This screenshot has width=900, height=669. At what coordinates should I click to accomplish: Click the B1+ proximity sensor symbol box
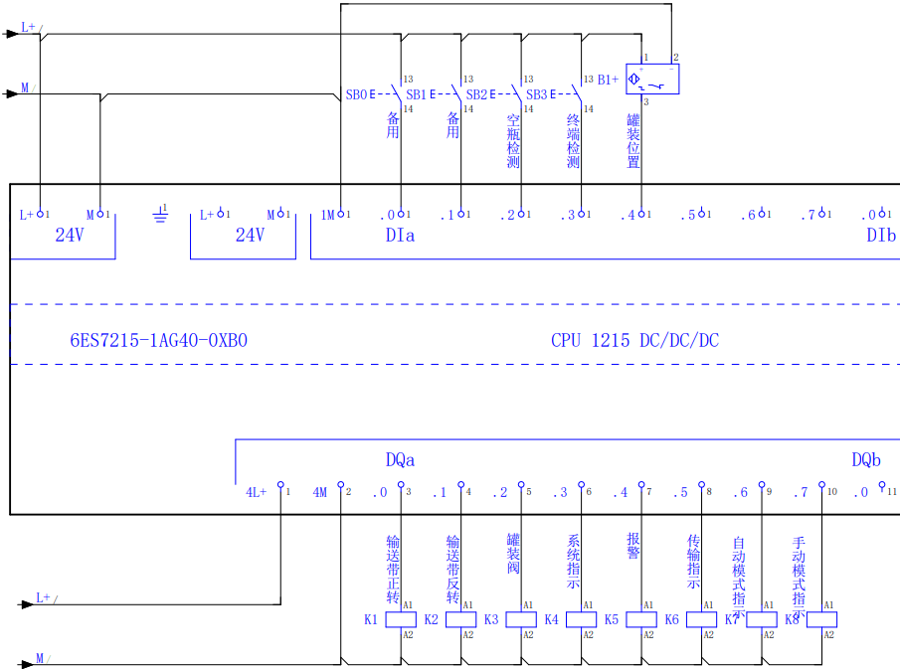(x=652, y=80)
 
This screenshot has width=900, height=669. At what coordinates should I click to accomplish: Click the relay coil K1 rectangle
(x=401, y=619)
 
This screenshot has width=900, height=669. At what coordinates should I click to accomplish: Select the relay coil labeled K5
(x=641, y=619)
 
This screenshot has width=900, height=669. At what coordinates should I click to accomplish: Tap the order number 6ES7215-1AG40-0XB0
(x=158, y=340)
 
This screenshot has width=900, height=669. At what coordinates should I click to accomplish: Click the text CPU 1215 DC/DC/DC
(x=634, y=340)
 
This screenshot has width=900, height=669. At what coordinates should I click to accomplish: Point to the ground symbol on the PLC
(x=160, y=214)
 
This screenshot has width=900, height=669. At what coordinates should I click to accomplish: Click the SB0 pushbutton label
(x=356, y=95)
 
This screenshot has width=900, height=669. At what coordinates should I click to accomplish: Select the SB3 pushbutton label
(x=536, y=95)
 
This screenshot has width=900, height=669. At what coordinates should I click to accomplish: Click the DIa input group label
(x=400, y=236)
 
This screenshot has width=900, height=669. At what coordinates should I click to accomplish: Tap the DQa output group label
(x=400, y=460)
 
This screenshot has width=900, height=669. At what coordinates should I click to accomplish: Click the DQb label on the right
(x=866, y=460)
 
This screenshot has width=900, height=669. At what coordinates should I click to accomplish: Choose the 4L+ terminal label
(x=257, y=492)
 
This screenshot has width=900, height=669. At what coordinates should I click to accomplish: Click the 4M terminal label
(x=320, y=492)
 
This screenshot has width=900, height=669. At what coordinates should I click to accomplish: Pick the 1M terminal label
(x=328, y=215)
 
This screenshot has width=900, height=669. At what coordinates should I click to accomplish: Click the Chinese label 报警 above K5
(x=633, y=546)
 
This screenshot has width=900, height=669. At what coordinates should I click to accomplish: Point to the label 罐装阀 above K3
(x=513, y=554)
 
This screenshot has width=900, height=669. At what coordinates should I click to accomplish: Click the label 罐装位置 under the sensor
(x=633, y=141)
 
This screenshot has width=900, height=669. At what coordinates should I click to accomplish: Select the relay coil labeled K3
(x=521, y=619)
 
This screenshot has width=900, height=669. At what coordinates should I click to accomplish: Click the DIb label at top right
(x=880, y=236)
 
